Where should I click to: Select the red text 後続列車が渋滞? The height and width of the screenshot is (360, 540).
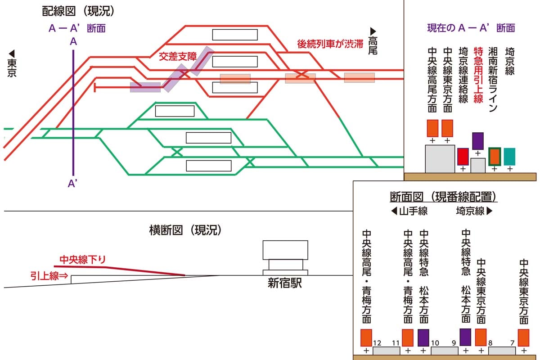(x=330, y=44)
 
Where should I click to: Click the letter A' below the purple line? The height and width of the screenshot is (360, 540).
(x=72, y=183)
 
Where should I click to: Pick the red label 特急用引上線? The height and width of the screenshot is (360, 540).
(x=478, y=75)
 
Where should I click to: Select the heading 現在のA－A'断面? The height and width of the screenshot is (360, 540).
(x=471, y=28)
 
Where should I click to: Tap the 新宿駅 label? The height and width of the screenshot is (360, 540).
(x=286, y=283)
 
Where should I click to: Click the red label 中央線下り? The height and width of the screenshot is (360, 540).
(x=83, y=259)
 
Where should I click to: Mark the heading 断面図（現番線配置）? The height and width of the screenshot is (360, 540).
(x=443, y=197)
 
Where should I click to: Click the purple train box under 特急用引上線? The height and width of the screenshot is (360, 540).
(x=477, y=141)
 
